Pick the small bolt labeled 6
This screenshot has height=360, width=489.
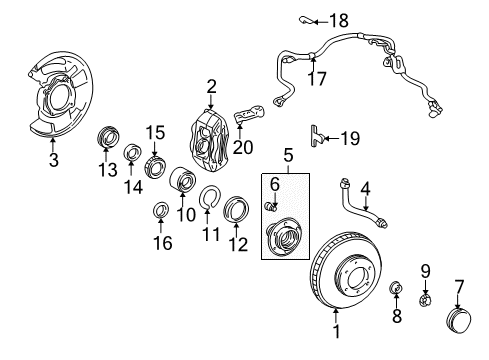click(x=270, y=206)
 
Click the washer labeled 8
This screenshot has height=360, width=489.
click(x=397, y=291)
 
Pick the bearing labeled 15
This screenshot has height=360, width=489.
click(x=155, y=164)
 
